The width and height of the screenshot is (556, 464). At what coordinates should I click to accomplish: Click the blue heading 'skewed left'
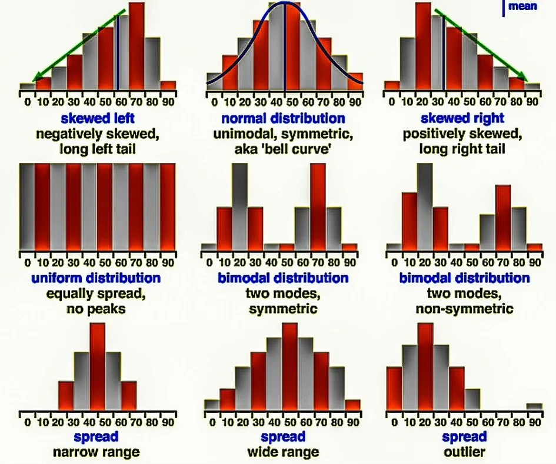[97, 119]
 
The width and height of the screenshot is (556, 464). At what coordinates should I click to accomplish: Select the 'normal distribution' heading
[283, 119]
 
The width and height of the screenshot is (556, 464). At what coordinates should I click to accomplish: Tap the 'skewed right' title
[463, 119]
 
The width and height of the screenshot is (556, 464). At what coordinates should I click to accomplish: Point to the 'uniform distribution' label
[97, 277]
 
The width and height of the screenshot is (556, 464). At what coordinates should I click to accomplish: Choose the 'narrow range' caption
[96, 452]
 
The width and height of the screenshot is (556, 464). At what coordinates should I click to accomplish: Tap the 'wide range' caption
[283, 452]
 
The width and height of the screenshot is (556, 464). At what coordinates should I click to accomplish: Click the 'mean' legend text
[522, 7]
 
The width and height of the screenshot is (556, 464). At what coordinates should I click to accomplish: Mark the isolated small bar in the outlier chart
[534, 406]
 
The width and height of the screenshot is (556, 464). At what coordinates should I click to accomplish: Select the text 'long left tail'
[97, 149]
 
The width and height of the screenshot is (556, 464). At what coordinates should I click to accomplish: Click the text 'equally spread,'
[97, 293]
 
